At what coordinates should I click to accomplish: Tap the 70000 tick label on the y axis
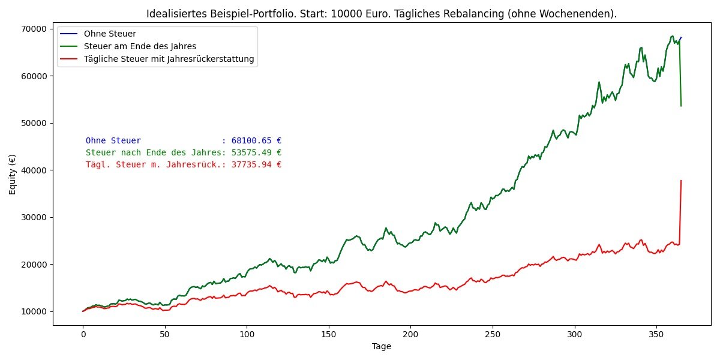(34, 29)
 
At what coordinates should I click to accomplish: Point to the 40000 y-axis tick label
(34, 170)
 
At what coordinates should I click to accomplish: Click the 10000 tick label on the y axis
(34, 312)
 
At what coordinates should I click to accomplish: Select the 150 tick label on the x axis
(329, 335)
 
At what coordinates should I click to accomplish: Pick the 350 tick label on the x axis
(656, 335)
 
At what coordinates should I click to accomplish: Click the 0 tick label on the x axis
(83, 335)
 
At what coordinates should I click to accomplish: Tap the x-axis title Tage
(382, 347)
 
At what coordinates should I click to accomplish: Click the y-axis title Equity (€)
(12, 175)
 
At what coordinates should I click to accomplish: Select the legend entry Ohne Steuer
(110, 34)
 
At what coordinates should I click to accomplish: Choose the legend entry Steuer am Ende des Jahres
(140, 46)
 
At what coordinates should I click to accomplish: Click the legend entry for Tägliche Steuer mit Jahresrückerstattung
(169, 59)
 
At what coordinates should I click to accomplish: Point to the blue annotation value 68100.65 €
(256, 141)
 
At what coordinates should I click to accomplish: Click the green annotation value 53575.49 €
(256, 152)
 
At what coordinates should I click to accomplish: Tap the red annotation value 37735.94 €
(256, 165)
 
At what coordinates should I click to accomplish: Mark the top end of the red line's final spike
(681, 181)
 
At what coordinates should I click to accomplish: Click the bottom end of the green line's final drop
(681, 106)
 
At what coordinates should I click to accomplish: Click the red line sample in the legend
(69, 59)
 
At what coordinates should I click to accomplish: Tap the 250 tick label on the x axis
(493, 335)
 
